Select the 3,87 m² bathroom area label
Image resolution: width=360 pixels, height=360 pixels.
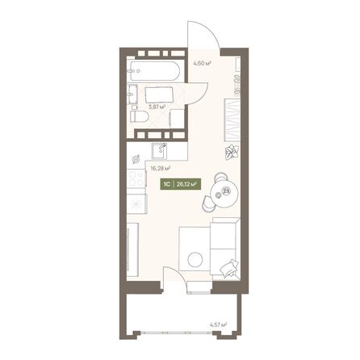coord(157,106)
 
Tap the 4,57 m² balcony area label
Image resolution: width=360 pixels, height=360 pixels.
coord(218,325)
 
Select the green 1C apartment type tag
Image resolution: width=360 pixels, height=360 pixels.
coord(166,184)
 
